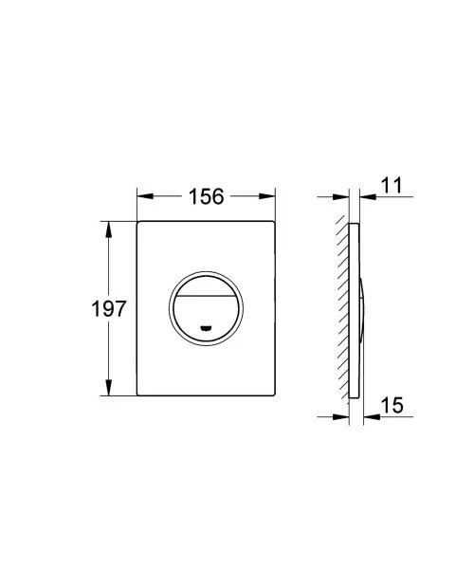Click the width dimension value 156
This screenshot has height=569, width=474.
tap(206, 197)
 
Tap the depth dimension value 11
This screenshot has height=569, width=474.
tap(393, 187)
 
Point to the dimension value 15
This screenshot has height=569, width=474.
tap(393, 405)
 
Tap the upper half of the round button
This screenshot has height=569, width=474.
tap(206, 282)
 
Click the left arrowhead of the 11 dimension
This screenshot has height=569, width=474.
tap(343, 197)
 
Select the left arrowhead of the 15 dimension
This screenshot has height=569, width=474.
tap(343, 414)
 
